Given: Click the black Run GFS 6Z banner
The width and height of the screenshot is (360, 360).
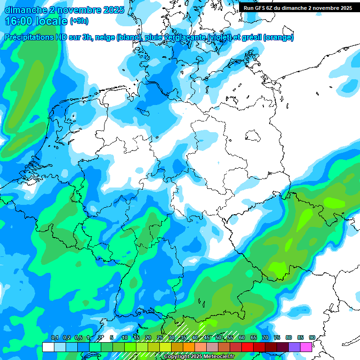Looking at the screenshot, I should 298,8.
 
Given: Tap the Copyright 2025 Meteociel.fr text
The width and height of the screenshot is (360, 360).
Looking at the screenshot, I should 199,357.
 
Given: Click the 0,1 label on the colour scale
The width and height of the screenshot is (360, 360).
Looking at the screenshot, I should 54,338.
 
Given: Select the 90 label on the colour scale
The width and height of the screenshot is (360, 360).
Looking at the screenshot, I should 312,338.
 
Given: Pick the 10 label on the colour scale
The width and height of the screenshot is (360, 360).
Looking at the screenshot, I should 125,338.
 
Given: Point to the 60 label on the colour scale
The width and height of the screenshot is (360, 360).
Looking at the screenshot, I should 242,338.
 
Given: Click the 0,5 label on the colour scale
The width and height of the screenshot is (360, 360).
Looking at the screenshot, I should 78,338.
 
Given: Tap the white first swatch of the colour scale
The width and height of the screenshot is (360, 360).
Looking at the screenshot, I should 48,347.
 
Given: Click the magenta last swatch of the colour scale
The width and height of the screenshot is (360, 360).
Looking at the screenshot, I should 306,347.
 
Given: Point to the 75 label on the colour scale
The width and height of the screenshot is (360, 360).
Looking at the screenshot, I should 277,338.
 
